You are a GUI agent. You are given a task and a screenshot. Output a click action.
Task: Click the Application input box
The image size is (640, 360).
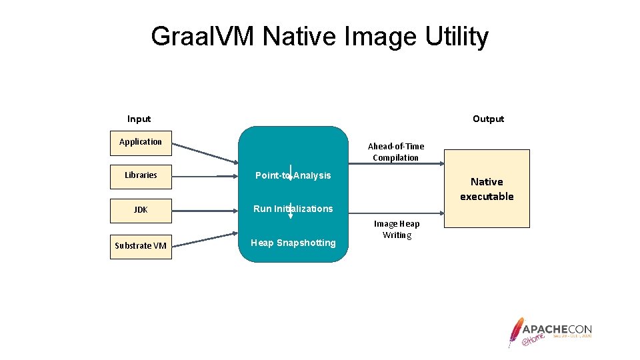coord(141,142)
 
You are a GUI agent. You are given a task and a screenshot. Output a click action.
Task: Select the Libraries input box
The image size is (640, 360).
coord(141,176)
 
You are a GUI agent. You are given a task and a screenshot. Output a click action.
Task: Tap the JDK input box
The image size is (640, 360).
coord(141,210)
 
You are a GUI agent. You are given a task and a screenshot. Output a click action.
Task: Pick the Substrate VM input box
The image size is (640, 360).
coord(141,246)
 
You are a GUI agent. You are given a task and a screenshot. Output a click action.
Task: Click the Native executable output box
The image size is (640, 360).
coord(487,189)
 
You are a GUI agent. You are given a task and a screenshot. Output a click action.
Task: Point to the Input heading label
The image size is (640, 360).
coord(139,119)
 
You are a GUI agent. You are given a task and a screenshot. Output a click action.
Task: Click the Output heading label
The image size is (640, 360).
coord(488,119)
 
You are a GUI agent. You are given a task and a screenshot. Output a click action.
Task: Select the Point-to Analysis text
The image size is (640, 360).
coord(293,175)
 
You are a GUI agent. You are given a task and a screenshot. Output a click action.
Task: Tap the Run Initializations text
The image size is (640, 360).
coord(293,209)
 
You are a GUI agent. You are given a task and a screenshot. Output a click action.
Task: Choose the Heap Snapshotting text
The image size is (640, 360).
coord(293,243)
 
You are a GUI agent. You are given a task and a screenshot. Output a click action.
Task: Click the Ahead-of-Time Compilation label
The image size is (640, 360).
coord(396,152)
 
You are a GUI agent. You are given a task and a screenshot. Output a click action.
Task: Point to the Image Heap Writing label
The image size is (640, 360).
coord(397,229)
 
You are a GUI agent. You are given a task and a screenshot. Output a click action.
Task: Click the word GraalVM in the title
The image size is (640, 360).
coord(203,37)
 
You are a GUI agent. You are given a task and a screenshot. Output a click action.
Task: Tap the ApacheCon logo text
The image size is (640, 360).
coord(557,329)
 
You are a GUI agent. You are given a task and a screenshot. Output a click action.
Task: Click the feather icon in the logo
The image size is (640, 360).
coord(515,331)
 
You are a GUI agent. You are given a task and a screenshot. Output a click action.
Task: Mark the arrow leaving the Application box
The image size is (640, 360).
coord(207,153)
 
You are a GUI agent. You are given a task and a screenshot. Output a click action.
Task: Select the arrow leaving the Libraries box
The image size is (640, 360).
coord(207,177)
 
